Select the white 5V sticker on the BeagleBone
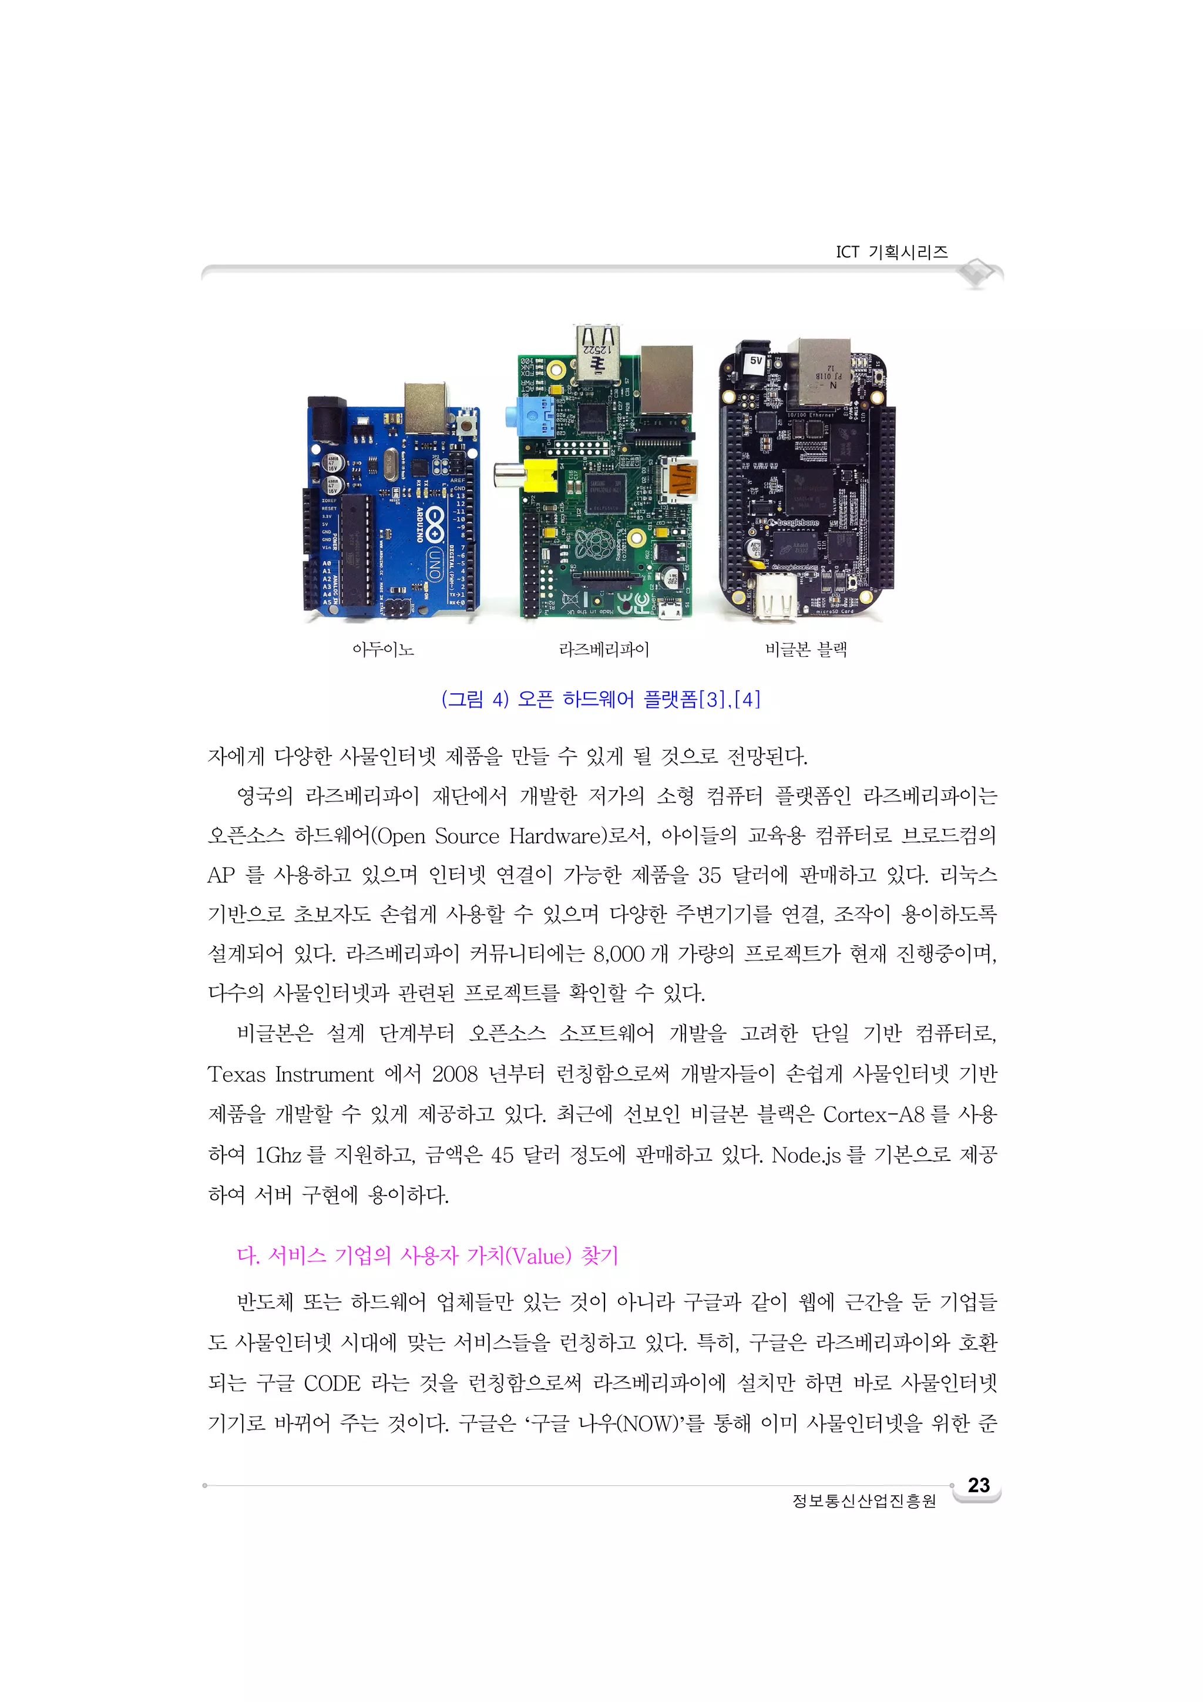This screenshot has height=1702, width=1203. pyautogui.click(x=755, y=361)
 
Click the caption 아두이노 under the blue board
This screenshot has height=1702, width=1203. pyautogui.click(x=382, y=650)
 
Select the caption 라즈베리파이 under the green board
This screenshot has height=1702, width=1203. pyautogui.click(x=604, y=650)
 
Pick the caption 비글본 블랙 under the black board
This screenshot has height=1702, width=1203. pyautogui.click(x=807, y=650)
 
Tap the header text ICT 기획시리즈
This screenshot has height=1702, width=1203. pyautogui.click(x=892, y=252)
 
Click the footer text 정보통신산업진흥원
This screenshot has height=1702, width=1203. pyautogui.click(x=864, y=1501)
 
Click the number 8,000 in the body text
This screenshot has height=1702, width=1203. pyautogui.click(x=618, y=954)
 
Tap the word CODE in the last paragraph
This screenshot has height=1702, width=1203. pyautogui.click(x=331, y=1383)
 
